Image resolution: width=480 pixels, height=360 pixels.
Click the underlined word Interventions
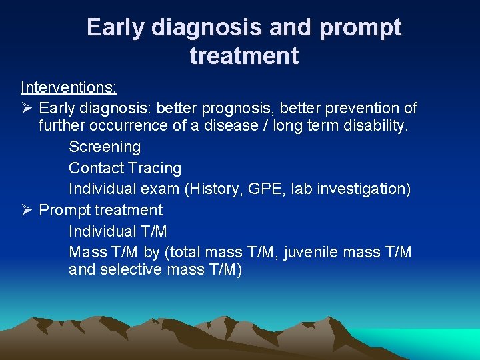(68, 87)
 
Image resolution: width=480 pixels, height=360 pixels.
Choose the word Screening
(105, 147)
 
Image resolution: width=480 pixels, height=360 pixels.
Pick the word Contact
(96, 168)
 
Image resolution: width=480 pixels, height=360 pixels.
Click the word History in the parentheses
(214, 189)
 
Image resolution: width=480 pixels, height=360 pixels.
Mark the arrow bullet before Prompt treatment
(26, 210)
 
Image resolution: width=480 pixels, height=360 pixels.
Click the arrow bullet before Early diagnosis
(26, 108)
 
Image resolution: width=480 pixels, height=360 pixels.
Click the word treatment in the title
(244, 55)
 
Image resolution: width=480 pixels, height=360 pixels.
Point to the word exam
(161, 189)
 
